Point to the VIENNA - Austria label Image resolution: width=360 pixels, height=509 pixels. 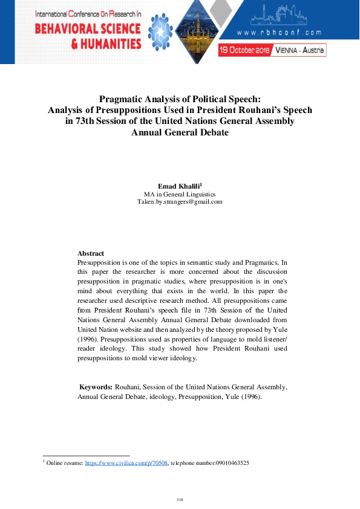tap(299, 50)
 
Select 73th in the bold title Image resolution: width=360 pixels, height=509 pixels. tap(85, 122)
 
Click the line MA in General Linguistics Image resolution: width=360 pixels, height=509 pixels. tap(180, 194)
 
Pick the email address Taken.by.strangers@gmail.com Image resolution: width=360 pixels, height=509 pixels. tap(180, 202)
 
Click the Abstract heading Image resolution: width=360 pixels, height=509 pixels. tap(91, 253)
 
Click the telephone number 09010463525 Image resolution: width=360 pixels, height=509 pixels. tap(227, 462)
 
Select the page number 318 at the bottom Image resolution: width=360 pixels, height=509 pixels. tap(180, 499)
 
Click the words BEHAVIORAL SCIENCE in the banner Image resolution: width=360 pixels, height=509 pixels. tap(88, 28)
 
